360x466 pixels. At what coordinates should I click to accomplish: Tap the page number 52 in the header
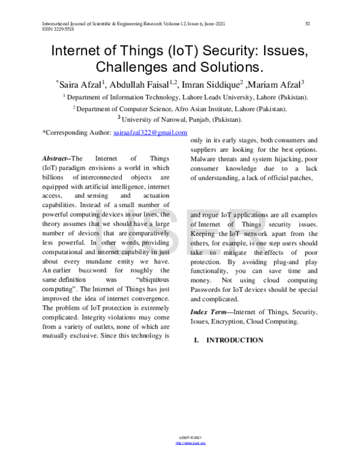pos(307,24)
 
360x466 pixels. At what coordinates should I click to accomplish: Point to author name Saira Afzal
pos(82,83)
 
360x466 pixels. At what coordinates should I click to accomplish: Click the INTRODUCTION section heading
pos(235,340)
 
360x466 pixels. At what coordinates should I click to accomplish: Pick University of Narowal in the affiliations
pos(151,120)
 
